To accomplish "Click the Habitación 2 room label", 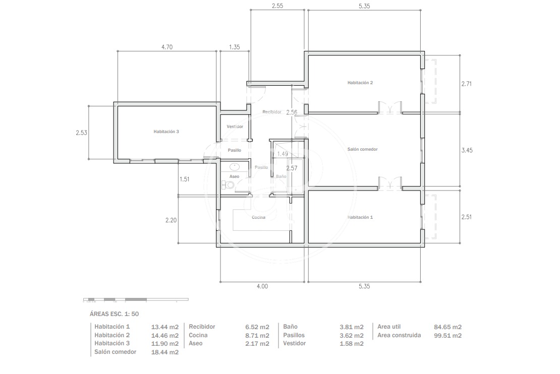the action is tap(360, 83).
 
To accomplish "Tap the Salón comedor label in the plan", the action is tap(362, 149).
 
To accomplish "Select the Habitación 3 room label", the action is tap(166, 132).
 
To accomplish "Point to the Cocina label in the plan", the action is tap(258, 217).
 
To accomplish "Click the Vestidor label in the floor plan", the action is tap(235, 127).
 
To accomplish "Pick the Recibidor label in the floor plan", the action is tap(272, 112).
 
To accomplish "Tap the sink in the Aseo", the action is tap(235, 166).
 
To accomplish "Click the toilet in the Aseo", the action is tap(228, 184).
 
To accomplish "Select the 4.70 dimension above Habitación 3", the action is tap(167, 47).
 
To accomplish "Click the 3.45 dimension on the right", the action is tap(467, 150).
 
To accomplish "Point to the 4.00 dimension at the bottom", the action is tap(262, 286).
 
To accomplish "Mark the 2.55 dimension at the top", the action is tap(277, 6).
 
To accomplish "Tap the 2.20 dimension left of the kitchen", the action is tap(171, 220).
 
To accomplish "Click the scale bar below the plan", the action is tap(136, 299).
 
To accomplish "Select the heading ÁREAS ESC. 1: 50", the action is tap(115, 314).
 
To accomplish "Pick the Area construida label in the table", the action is tap(399, 335).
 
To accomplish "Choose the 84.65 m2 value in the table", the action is tap(447, 327).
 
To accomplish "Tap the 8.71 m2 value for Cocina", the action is tap(257, 336).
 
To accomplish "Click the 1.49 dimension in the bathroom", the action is tap(283, 154).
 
